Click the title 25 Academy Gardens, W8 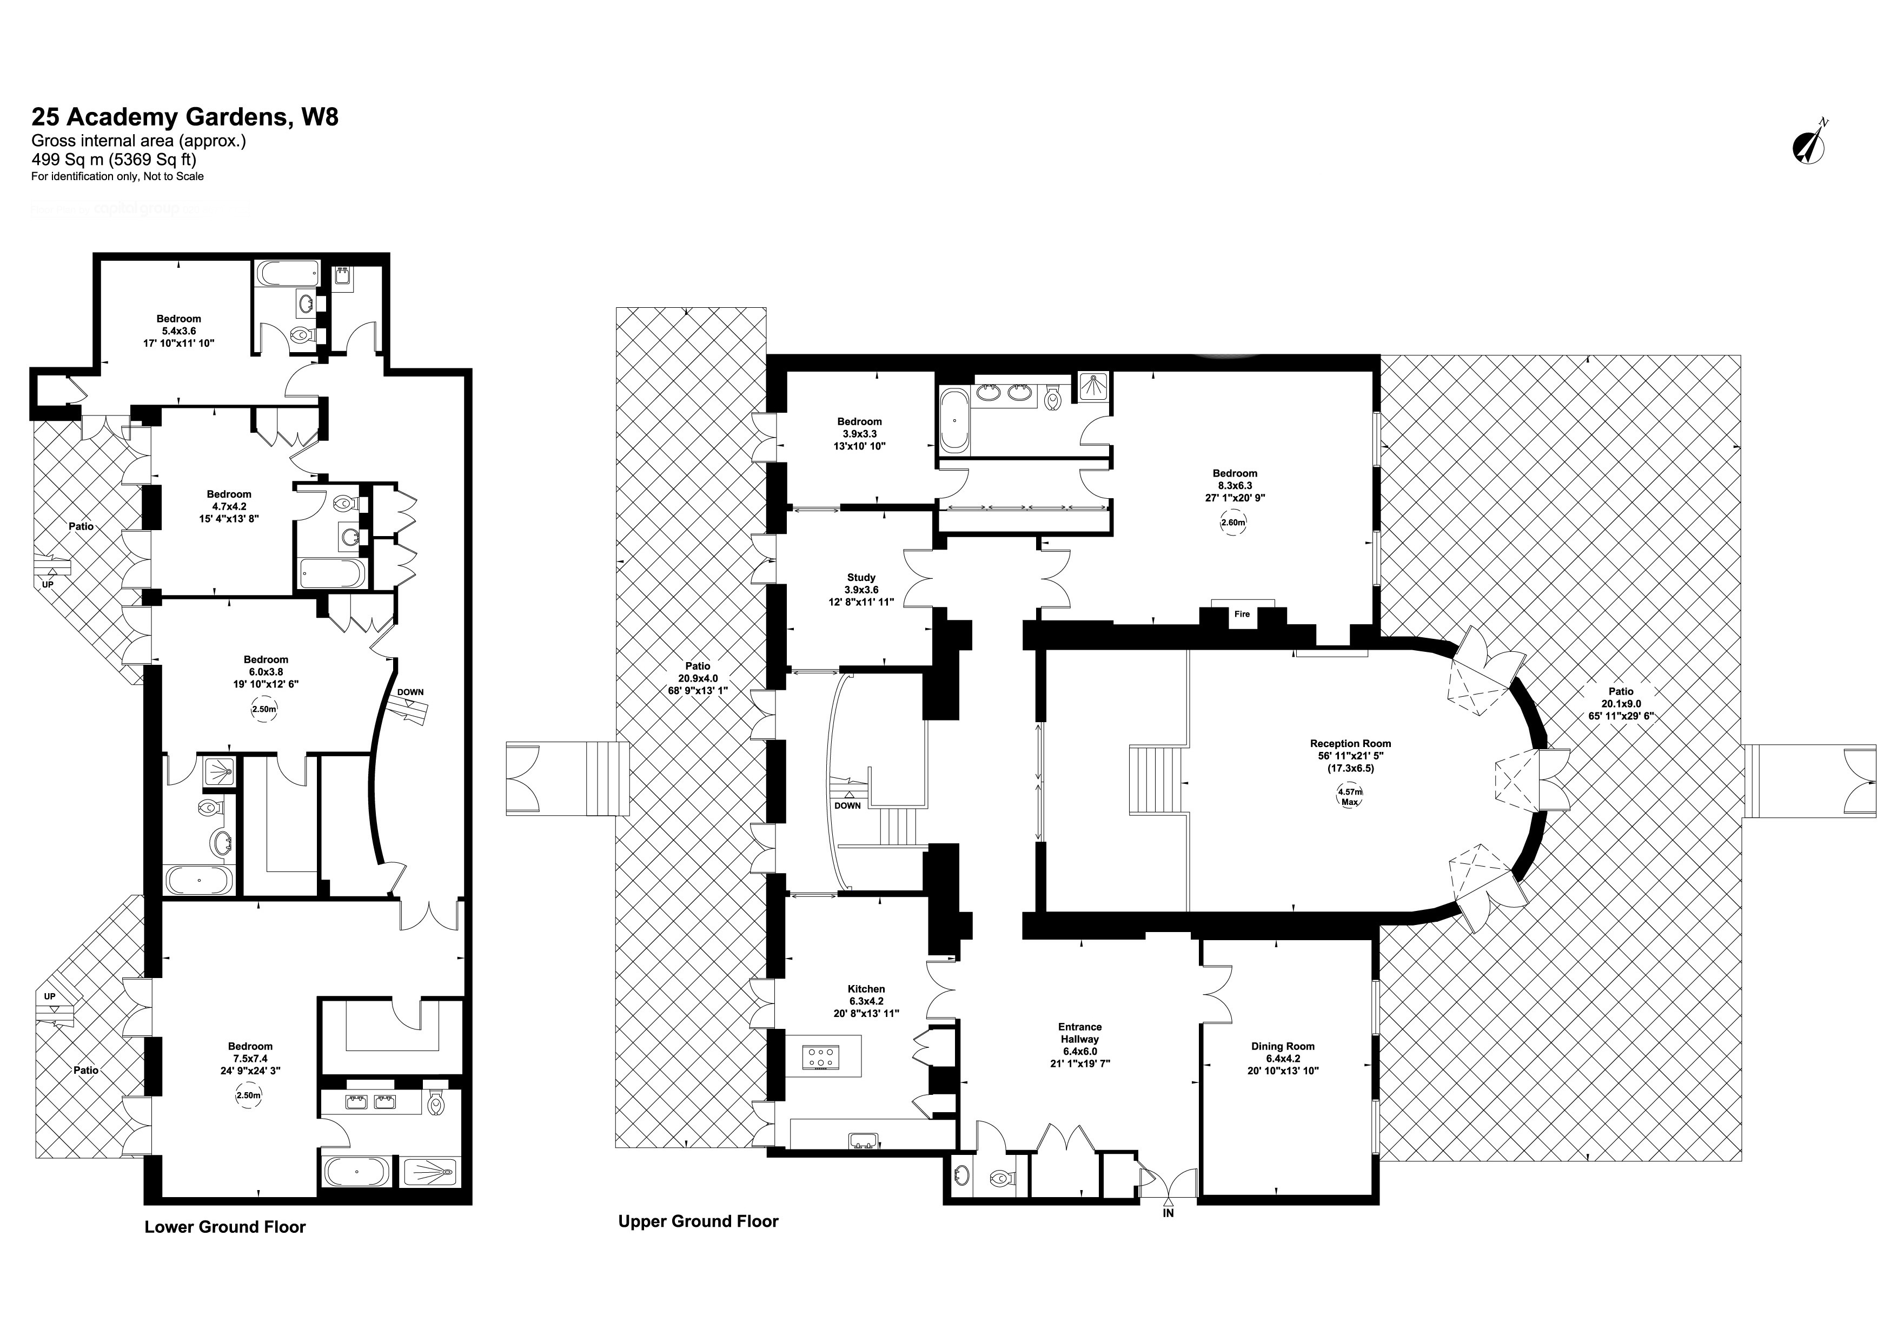click(185, 116)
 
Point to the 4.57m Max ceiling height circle click(1349, 796)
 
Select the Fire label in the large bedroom click(1241, 614)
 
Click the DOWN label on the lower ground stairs click(410, 692)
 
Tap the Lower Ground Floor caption click(225, 1227)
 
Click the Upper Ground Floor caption click(698, 1221)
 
